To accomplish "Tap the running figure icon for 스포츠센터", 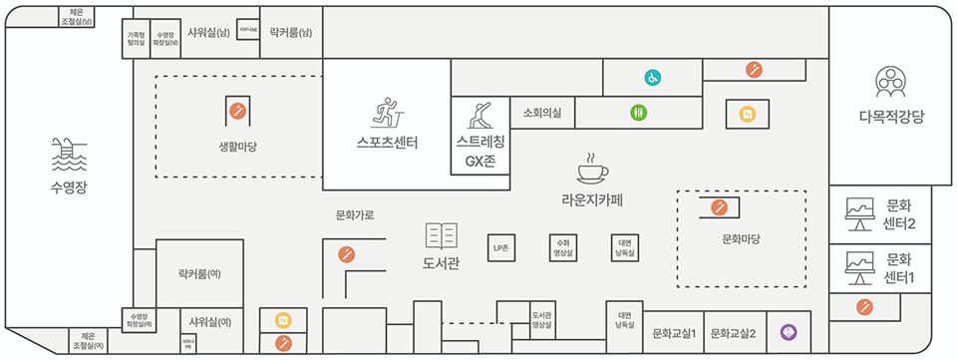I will click(x=384, y=112).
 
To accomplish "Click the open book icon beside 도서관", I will click(x=441, y=236).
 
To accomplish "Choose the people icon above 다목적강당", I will click(x=889, y=81).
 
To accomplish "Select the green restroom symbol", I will click(x=638, y=114).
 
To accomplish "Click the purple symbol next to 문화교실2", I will click(x=787, y=330).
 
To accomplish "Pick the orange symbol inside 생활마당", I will click(x=238, y=110).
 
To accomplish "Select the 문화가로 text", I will click(x=355, y=214).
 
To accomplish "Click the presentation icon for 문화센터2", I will click(x=857, y=210).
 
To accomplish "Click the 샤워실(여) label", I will click(x=210, y=321).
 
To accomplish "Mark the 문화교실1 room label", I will click(x=674, y=333).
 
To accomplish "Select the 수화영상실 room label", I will click(x=562, y=246).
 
